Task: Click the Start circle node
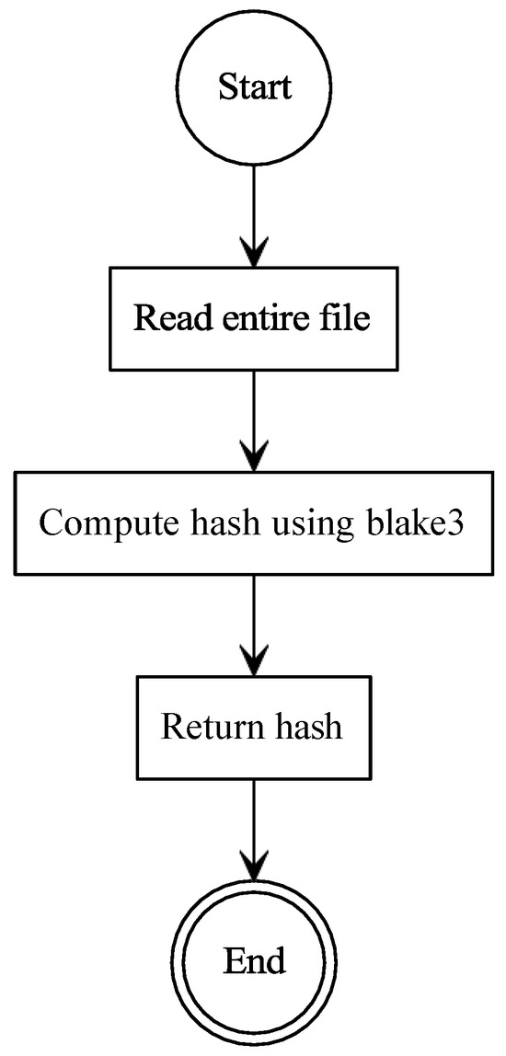click(x=253, y=88)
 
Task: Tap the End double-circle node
click(x=253, y=961)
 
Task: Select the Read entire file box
click(x=253, y=318)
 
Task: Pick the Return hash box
click(x=253, y=727)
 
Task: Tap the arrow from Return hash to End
click(x=253, y=828)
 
